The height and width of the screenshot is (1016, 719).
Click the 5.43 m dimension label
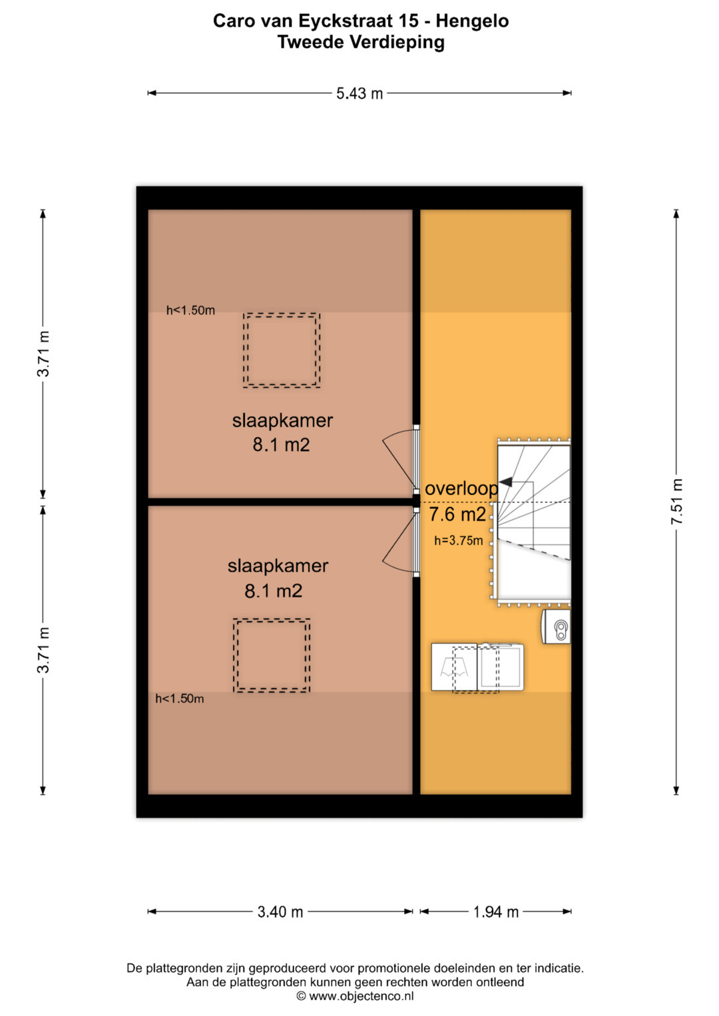[359, 93]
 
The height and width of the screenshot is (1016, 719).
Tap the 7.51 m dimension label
[676, 502]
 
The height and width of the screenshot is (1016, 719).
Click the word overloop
[461, 488]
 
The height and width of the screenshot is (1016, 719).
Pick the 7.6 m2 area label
[457, 514]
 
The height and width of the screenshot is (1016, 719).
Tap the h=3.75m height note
[459, 540]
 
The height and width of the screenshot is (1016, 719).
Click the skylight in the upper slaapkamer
[282, 350]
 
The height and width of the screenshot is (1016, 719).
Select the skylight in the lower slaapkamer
[272, 655]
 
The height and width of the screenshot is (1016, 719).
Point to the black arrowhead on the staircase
[505, 482]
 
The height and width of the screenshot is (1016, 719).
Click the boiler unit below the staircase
[556, 626]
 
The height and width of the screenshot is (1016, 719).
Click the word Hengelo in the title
[473, 21]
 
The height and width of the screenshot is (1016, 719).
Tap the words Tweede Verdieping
[361, 42]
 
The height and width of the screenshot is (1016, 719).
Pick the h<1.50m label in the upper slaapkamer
[190, 310]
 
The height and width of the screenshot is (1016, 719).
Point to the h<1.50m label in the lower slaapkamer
[180, 699]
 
